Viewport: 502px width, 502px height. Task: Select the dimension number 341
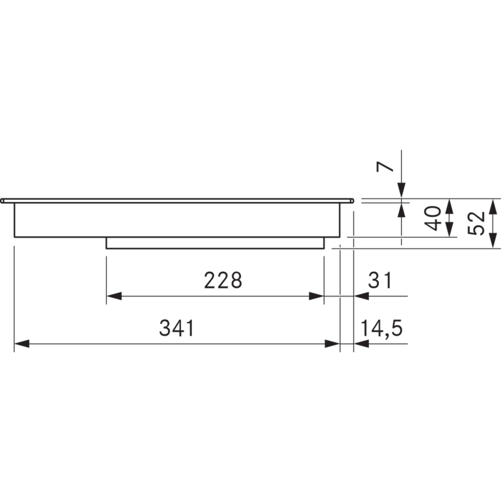pyautogui.click(x=177, y=328)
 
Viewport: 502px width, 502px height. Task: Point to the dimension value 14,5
pyautogui.click(x=382, y=328)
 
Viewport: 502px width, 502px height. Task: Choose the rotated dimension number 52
pyautogui.click(x=476, y=223)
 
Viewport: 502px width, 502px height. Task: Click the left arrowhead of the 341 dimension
pyautogui.click(x=22, y=343)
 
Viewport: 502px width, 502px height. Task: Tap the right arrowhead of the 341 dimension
pyautogui.click(x=333, y=343)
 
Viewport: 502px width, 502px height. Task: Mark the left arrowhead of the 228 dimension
pyautogui.click(x=114, y=296)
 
